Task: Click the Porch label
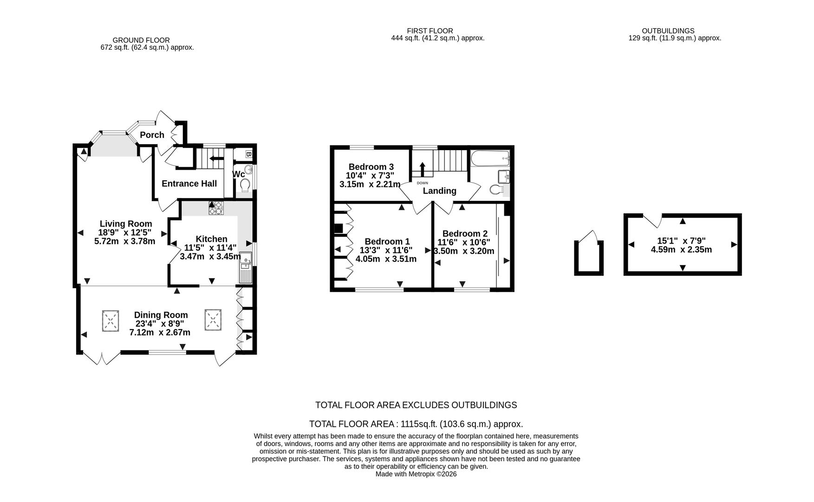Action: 152,135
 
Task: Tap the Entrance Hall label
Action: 189,184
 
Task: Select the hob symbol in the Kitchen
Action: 216,208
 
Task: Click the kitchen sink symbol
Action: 245,268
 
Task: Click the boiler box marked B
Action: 248,154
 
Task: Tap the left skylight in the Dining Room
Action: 110,321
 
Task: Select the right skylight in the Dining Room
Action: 213,320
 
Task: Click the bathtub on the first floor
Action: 490,159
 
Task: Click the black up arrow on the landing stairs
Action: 422,169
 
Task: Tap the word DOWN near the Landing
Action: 422,183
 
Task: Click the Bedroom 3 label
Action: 371,167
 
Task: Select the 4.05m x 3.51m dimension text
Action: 386,259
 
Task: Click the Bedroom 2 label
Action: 465,234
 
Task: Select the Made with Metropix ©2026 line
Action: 416,474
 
